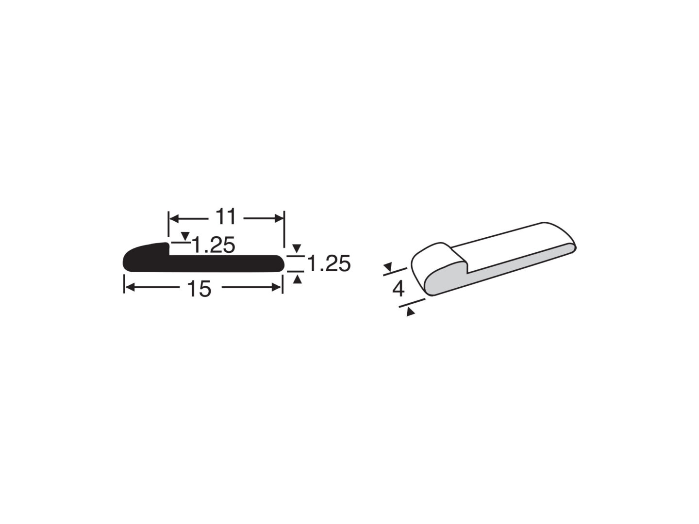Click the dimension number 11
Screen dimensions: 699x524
point(225,217)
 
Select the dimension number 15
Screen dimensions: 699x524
point(199,289)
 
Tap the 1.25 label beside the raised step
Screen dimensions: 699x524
point(214,245)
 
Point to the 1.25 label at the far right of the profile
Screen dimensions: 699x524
point(329,263)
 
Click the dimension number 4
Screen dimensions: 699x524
point(399,289)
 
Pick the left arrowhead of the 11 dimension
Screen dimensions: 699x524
point(173,218)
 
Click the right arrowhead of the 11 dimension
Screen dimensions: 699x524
point(279,218)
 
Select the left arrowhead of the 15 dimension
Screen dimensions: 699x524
point(129,287)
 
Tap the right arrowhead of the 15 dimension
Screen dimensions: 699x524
point(276,287)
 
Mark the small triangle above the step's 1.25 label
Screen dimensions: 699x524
point(185,236)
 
